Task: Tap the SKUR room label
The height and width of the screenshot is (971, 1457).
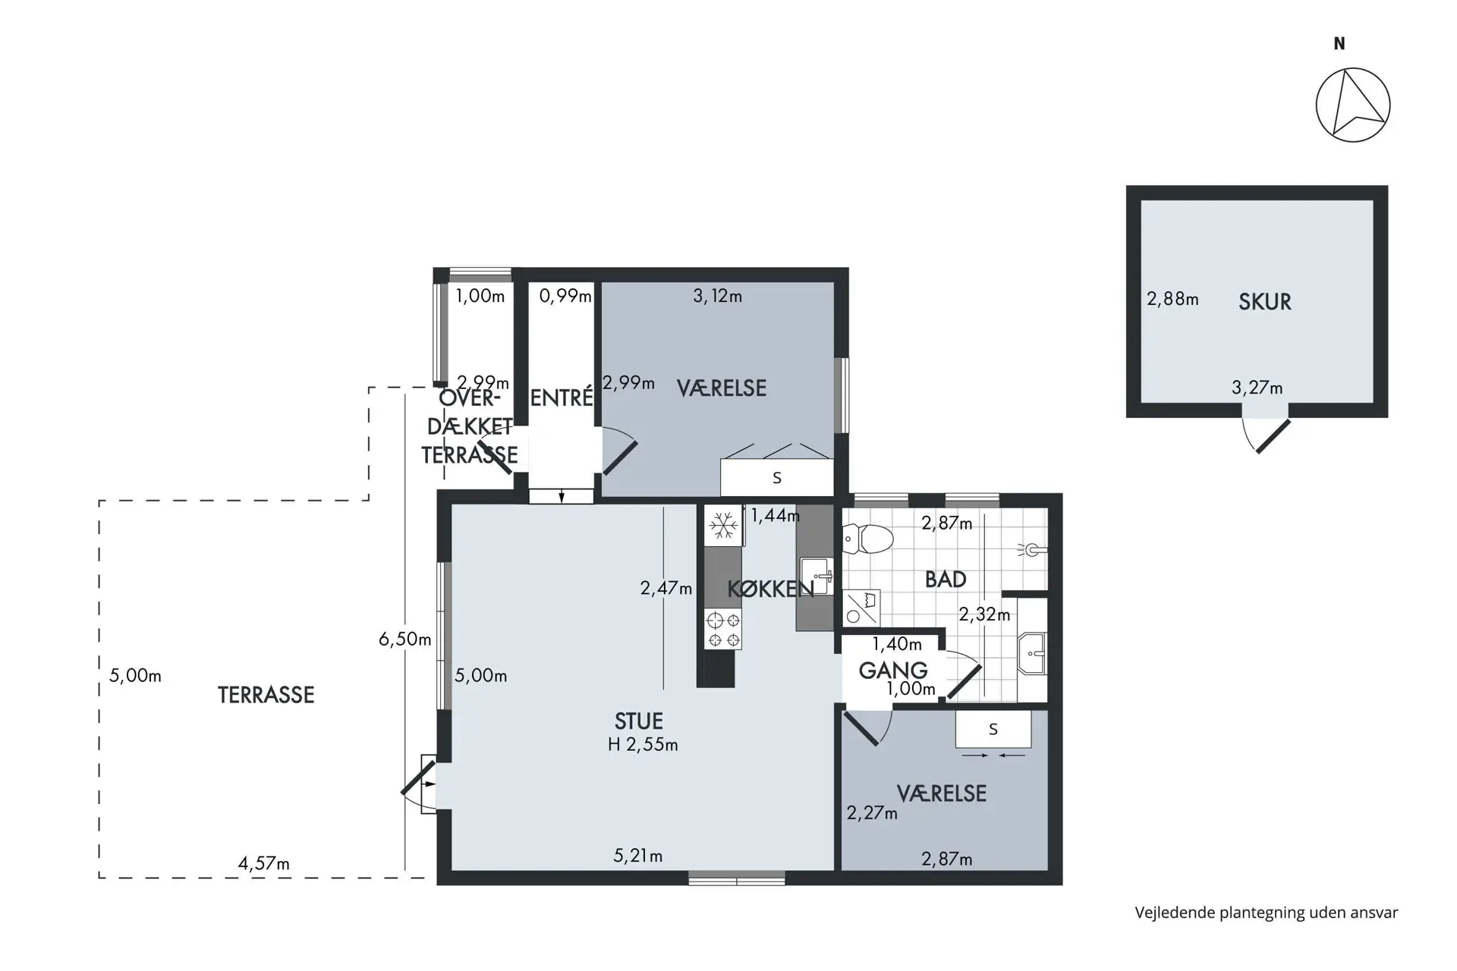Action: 1264,302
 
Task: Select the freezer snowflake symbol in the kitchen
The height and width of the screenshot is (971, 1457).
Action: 723,525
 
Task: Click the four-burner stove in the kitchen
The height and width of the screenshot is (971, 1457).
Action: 723,629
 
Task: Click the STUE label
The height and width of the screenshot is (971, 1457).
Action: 638,721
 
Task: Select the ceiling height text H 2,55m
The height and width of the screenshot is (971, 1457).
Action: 643,745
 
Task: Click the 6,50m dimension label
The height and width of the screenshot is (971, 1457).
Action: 404,639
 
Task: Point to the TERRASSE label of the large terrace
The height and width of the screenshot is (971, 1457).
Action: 266,695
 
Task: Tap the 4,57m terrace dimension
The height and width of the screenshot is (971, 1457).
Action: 263,863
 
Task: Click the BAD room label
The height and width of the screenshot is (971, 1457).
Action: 946,580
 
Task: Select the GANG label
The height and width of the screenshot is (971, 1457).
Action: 893,671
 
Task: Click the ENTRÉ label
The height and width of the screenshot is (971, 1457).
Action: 561,398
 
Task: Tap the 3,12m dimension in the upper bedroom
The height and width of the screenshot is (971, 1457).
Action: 717,297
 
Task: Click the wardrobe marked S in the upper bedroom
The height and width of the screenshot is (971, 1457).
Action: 777,478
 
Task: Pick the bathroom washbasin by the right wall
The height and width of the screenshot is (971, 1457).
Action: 1032,653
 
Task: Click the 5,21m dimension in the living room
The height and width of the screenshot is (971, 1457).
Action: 637,856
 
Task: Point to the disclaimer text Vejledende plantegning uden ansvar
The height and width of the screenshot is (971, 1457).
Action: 1266,913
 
